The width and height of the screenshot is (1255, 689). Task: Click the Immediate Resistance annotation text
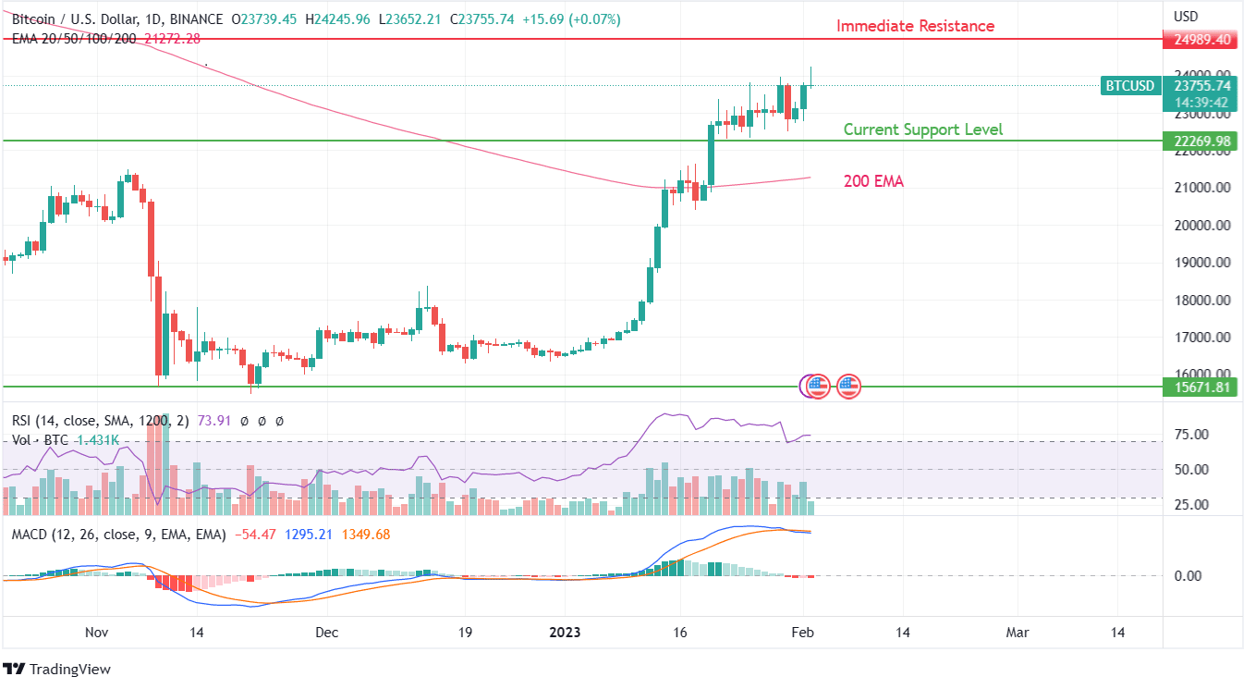point(915,26)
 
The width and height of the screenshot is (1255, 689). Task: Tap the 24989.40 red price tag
point(1199,40)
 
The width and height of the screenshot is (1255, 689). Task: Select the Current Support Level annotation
point(922,130)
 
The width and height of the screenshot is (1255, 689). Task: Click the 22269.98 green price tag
point(1199,141)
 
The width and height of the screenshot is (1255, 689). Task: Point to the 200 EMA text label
point(873,181)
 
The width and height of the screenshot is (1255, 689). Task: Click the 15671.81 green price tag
point(1199,388)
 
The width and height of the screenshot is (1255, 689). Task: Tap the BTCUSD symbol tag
point(1129,86)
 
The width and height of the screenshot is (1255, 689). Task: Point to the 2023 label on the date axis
point(565,633)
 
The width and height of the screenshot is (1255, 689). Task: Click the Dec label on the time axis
point(327,633)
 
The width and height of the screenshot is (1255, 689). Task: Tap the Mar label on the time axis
point(1017,633)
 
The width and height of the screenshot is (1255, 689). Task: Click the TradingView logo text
point(69,669)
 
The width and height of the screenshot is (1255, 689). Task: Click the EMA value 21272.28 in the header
point(172,38)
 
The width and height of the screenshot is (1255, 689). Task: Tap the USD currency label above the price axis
point(1186,17)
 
